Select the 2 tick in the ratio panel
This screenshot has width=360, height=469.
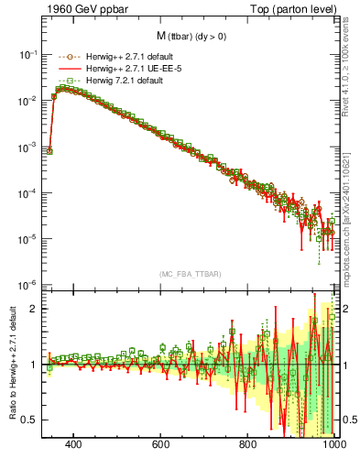(x=34, y=308)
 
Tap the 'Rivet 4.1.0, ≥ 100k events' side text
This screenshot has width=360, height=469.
(x=349, y=70)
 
